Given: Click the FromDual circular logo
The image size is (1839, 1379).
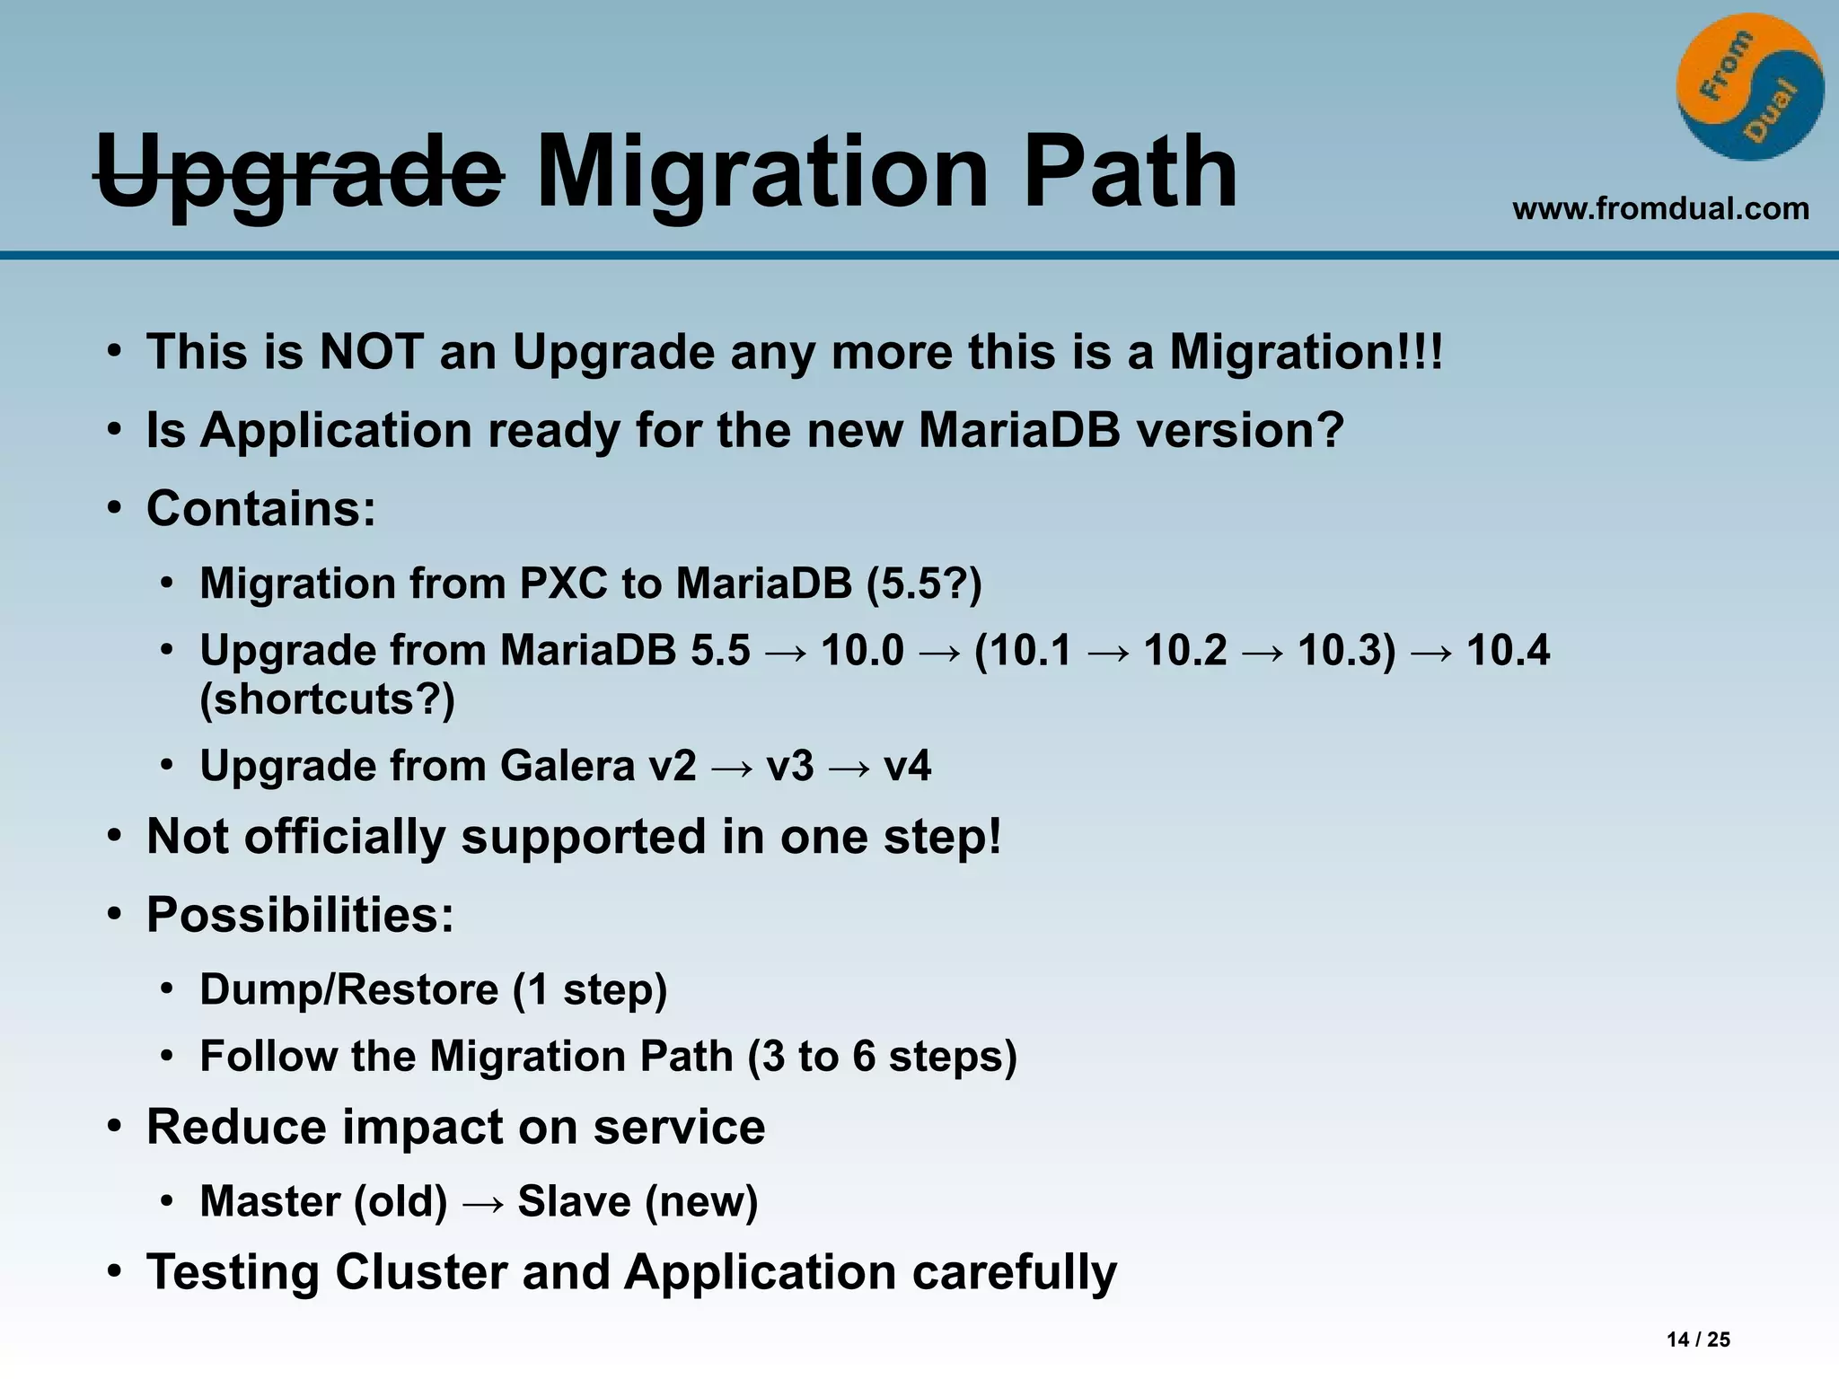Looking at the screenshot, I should (1749, 87).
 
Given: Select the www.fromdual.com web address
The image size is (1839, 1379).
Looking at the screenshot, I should (1660, 208).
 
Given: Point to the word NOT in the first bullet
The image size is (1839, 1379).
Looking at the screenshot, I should (372, 351).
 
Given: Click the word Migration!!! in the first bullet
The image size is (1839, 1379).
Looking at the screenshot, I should (1306, 351).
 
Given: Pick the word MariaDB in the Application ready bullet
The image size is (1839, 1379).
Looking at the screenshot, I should (1019, 429).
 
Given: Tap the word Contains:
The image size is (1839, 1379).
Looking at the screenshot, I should (261, 508).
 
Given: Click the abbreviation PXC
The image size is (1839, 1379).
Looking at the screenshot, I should (563, 583).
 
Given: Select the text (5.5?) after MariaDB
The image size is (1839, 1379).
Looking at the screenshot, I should (924, 583).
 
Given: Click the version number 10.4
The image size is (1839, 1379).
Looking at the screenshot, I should (1508, 649).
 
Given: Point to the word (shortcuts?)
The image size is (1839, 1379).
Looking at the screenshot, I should (328, 698).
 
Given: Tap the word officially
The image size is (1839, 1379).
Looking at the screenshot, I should (345, 836).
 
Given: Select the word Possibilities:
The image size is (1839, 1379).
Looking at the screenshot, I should (301, 915).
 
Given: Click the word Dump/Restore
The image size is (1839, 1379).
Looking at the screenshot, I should (348, 989).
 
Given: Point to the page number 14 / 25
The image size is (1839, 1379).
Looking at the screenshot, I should (1698, 1339).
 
